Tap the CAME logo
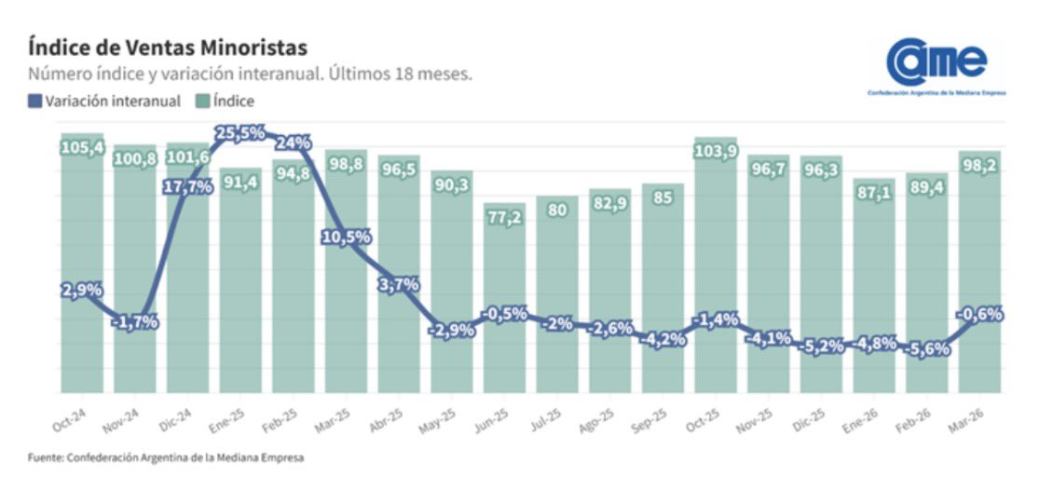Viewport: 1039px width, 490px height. click(x=936, y=65)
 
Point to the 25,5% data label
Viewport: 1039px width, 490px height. click(x=239, y=133)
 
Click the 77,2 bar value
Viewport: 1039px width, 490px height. click(x=504, y=218)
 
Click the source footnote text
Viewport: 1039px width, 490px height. click(x=165, y=457)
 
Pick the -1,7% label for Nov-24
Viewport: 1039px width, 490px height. click(x=135, y=322)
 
